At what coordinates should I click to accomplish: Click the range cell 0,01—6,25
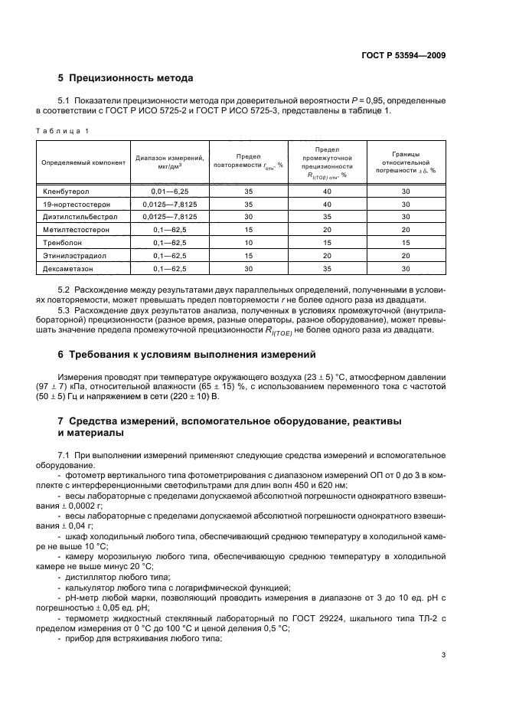pyautogui.click(x=169, y=192)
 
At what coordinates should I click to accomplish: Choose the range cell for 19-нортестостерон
pyautogui.click(x=169, y=205)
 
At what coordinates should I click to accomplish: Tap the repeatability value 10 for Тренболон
pyautogui.click(x=248, y=241)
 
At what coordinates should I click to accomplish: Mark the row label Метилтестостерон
pyautogui.click(x=73, y=229)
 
